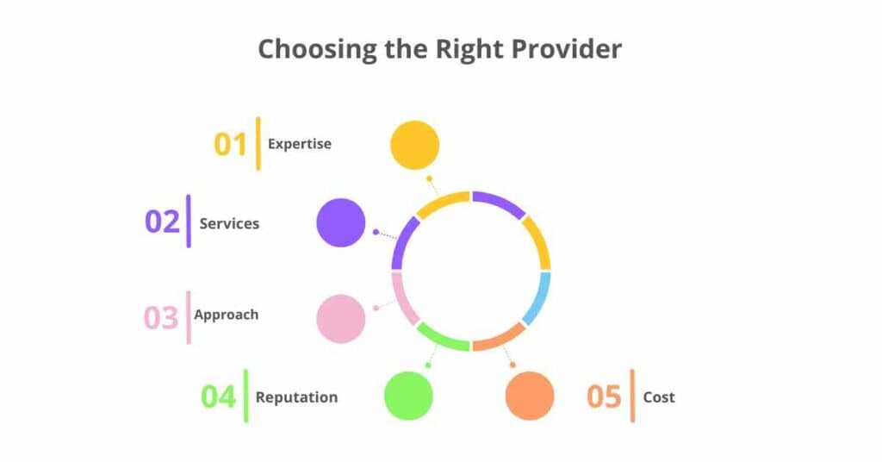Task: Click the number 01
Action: (x=231, y=144)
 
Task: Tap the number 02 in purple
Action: (x=162, y=222)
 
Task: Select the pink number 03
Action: (x=161, y=317)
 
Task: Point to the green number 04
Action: (x=218, y=397)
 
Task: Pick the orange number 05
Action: (x=604, y=397)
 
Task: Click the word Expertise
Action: (x=299, y=144)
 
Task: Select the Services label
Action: (x=229, y=223)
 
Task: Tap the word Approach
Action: (x=226, y=315)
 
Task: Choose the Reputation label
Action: (x=296, y=397)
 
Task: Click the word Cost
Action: (x=659, y=397)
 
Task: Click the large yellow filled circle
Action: (x=414, y=145)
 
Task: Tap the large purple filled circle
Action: (x=341, y=222)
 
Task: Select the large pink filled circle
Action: (x=341, y=318)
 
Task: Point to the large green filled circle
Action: (x=408, y=396)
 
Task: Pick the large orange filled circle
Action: (x=529, y=396)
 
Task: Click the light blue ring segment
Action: (x=537, y=298)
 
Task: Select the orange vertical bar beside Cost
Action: (x=633, y=396)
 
